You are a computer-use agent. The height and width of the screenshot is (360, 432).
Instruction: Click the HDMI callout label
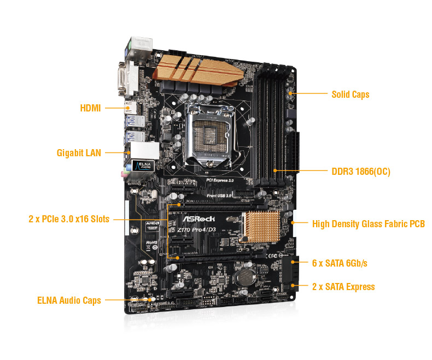click(x=90, y=108)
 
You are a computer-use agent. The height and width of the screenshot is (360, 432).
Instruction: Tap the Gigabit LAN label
click(x=79, y=153)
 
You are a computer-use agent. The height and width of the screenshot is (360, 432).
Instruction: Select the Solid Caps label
click(x=350, y=95)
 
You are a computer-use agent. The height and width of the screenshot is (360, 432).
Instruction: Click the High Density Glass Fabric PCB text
click(x=368, y=223)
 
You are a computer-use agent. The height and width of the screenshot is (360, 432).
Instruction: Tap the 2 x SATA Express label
click(x=343, y=287)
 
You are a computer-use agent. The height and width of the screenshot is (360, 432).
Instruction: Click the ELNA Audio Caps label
click(x=69, y=300)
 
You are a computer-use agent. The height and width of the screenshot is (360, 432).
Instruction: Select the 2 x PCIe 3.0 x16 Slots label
click(x=69, y=219)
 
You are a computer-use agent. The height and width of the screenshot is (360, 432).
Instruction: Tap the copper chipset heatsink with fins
click(x=261, y=226)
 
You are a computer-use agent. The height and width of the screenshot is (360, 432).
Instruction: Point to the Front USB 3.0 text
click(x=220, y=195)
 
